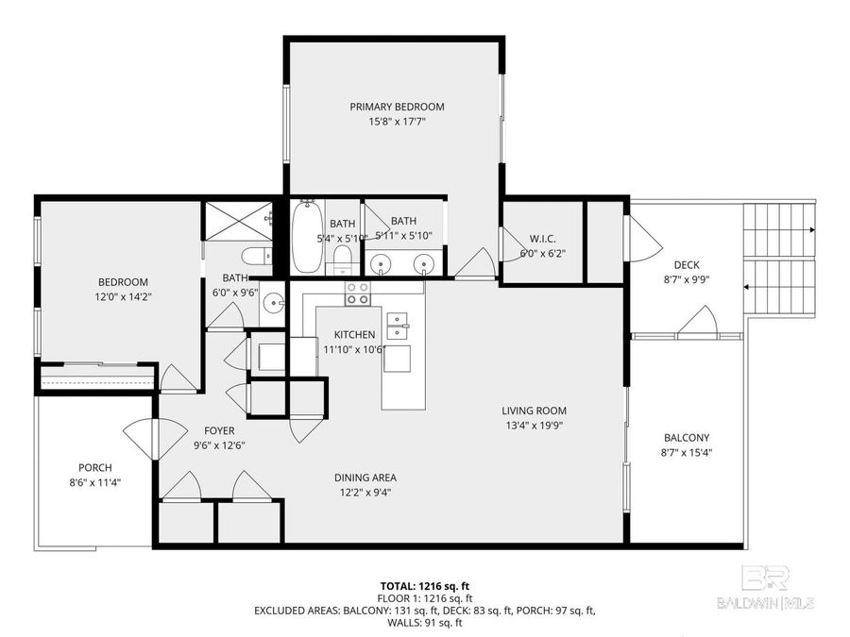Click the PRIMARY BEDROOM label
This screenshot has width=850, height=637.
pos(397,107)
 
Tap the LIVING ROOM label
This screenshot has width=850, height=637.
pos(535,411)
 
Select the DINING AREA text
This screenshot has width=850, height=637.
pos(365,478)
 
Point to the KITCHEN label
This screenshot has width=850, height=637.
pos(354,335)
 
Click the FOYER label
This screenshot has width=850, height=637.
pos(219,430)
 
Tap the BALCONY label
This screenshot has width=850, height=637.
pos(687,438)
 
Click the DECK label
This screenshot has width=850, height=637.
pos(687,265)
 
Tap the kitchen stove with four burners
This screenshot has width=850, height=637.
pos(357,293)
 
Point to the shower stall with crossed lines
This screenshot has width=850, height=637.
pos(238,220)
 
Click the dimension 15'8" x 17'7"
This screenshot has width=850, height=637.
pos(397,122)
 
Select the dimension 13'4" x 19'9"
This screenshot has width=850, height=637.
pos(535,426)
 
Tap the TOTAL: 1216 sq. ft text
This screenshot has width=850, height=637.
pos(425,585)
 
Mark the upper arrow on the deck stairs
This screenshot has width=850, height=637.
pos(780,230)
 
